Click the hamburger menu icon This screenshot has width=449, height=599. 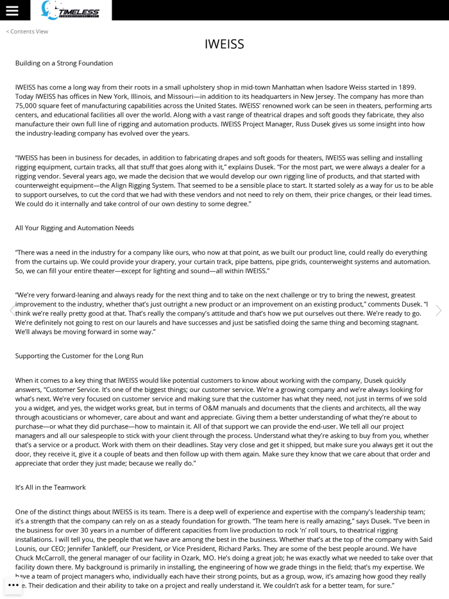pyautogui.click(x=12, y=10)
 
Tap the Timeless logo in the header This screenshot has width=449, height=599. pyautogui.click(x=71, y=10)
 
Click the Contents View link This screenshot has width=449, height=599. pyautogui.click(x=27, y=31)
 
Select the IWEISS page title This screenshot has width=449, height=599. pyautogui.click(x=224, y=44)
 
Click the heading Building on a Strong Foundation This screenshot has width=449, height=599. pyautogui.click(x=64, y=63)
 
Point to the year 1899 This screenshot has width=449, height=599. pyautogui.click(x=405, y=87)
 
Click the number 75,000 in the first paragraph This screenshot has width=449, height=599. pyautogui.click(x=26, y=106)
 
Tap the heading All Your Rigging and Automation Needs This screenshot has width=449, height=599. pyautogui.click(x=74, y=228)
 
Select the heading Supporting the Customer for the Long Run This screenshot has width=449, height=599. pyautogui.click(x=79, y=356)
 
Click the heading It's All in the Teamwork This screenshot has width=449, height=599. pyautogui.click(x=50, y=487)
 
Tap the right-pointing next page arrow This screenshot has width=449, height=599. pyautogui.click(x=439, y=310)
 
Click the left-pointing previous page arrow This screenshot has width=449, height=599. pyautogui.click(x=10, y=310)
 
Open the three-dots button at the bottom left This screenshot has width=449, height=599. pyautogui.click(x=13, y=585)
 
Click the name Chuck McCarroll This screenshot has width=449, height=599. pyautogui.click(x=41, y=558)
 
